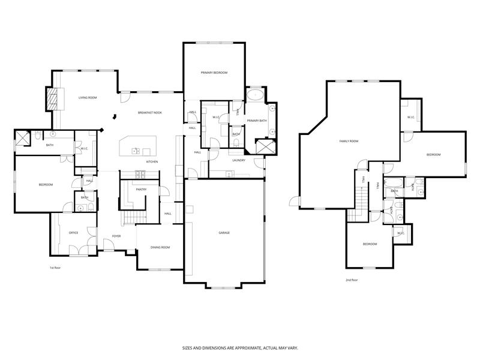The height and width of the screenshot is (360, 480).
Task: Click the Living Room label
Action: click(88, 97)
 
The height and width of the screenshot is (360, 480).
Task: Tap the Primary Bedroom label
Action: click(214, 73)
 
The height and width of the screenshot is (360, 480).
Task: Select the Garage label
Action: click(224, 233)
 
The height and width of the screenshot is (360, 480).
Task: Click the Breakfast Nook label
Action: click(149, 113)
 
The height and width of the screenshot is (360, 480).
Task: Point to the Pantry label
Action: click(141, 190)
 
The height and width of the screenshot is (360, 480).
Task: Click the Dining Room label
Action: click(160, 247)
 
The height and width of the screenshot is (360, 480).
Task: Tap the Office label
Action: click(73, 233)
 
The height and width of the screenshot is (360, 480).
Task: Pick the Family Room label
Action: click(349, 141)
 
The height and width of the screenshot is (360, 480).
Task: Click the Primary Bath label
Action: click(256, 121)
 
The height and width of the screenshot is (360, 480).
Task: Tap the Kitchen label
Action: click(152, 162)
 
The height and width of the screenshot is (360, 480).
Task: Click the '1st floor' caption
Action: click(55, 268)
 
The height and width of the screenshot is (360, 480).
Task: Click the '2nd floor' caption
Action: click(352, 280)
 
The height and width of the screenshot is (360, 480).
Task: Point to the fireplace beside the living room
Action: click(53, 98)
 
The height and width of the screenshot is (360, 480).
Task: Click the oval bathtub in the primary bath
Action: click(256, 95)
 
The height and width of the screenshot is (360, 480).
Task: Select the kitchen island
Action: click(137, 146)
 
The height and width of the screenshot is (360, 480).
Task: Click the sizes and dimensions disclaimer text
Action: click(240, 347)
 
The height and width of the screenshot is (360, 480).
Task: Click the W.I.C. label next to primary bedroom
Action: click(215, 118)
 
